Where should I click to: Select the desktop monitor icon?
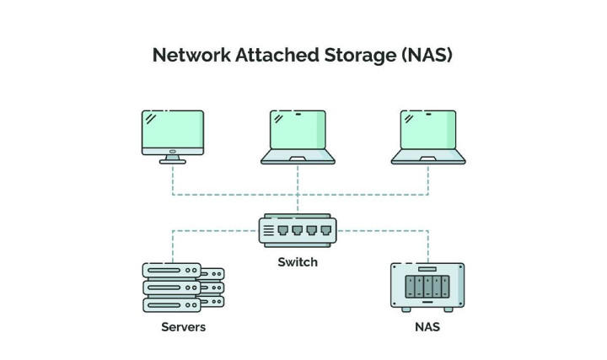pyautogui.click(x=172, y=136)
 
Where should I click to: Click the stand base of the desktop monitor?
pyautogui.click(x=172, y=159)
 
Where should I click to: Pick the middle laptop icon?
pyautogui.click(x=298, y=136)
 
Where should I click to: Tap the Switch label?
pyautogui.click(x=298, y=262)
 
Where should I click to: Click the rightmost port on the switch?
pyautogui.click(x=324, y=230)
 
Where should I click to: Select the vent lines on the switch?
pyautogui.click(x=269, y=230)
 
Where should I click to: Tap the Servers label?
pyautogui.click(x=184, y=326)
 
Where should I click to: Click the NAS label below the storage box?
pyautogui.click(x=427, y=326)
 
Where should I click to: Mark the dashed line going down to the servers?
pyautogui.click(x=174, y=244)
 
